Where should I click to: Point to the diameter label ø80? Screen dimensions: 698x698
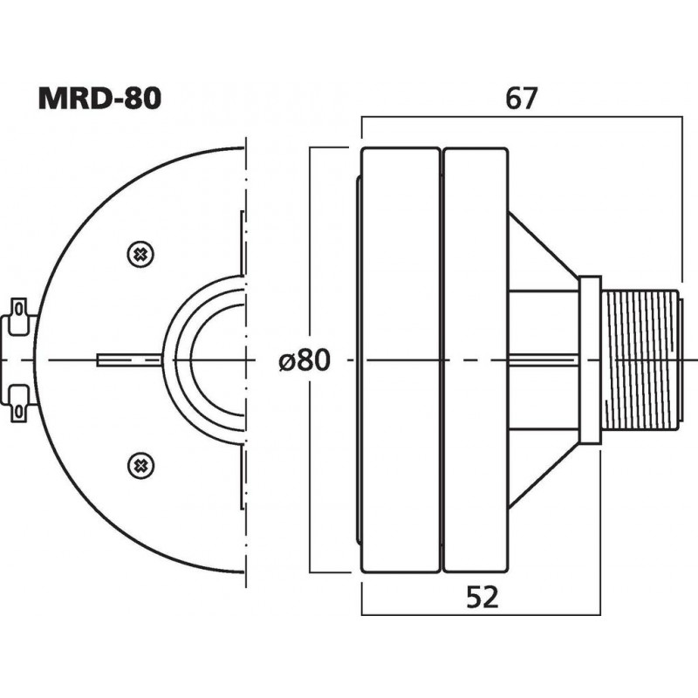(305, 360)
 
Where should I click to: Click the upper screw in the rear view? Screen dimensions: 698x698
(139, 254)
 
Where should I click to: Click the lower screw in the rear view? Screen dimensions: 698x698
(139, 464)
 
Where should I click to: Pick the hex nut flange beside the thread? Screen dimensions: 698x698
(590, 359)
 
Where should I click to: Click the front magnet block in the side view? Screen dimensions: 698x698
(400, 359)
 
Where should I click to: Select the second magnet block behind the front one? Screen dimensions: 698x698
(476, 359)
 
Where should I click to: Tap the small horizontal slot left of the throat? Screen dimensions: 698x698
(127, 359)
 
